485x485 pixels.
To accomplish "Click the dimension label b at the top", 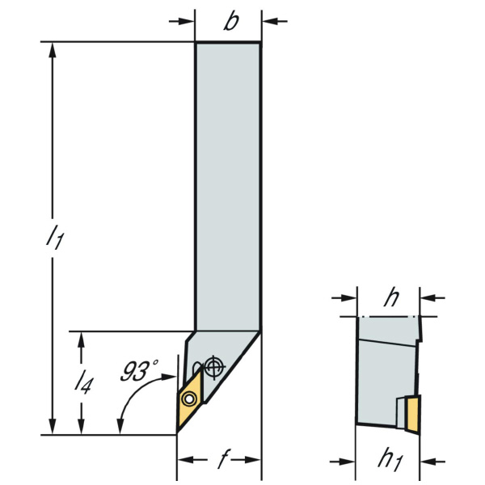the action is (x=231, y=21).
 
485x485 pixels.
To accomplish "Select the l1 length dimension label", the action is (x=55, y=237).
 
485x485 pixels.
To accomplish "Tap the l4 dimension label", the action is (x=83, y=383).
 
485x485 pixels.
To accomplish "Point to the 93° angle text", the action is (x=139, y=370).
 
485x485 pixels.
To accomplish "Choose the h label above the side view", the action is (x=391, y=297).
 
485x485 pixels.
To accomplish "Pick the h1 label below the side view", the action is (x=390, y=461).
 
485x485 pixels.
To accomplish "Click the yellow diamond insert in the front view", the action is (x=190, y=399).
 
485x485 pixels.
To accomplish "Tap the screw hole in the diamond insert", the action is (x=189, y=399).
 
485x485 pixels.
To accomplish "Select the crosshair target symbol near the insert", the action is (x=215, y=367).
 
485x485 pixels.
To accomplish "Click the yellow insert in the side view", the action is (x=414, y=415).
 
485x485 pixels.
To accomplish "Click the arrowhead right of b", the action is (x=271, y=21).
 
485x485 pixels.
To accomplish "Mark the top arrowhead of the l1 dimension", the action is (x=53, y=50).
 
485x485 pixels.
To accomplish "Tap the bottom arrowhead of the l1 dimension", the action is (x=53, y=426).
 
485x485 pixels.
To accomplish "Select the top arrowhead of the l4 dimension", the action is (x=81, y=340).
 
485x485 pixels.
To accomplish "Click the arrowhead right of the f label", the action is (x=252, y=460).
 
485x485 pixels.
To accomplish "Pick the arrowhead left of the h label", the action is (x=348, y=297).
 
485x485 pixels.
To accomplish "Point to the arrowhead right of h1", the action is (x=429, y=462).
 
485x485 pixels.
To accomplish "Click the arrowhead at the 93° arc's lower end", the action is (x=120, y=426).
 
